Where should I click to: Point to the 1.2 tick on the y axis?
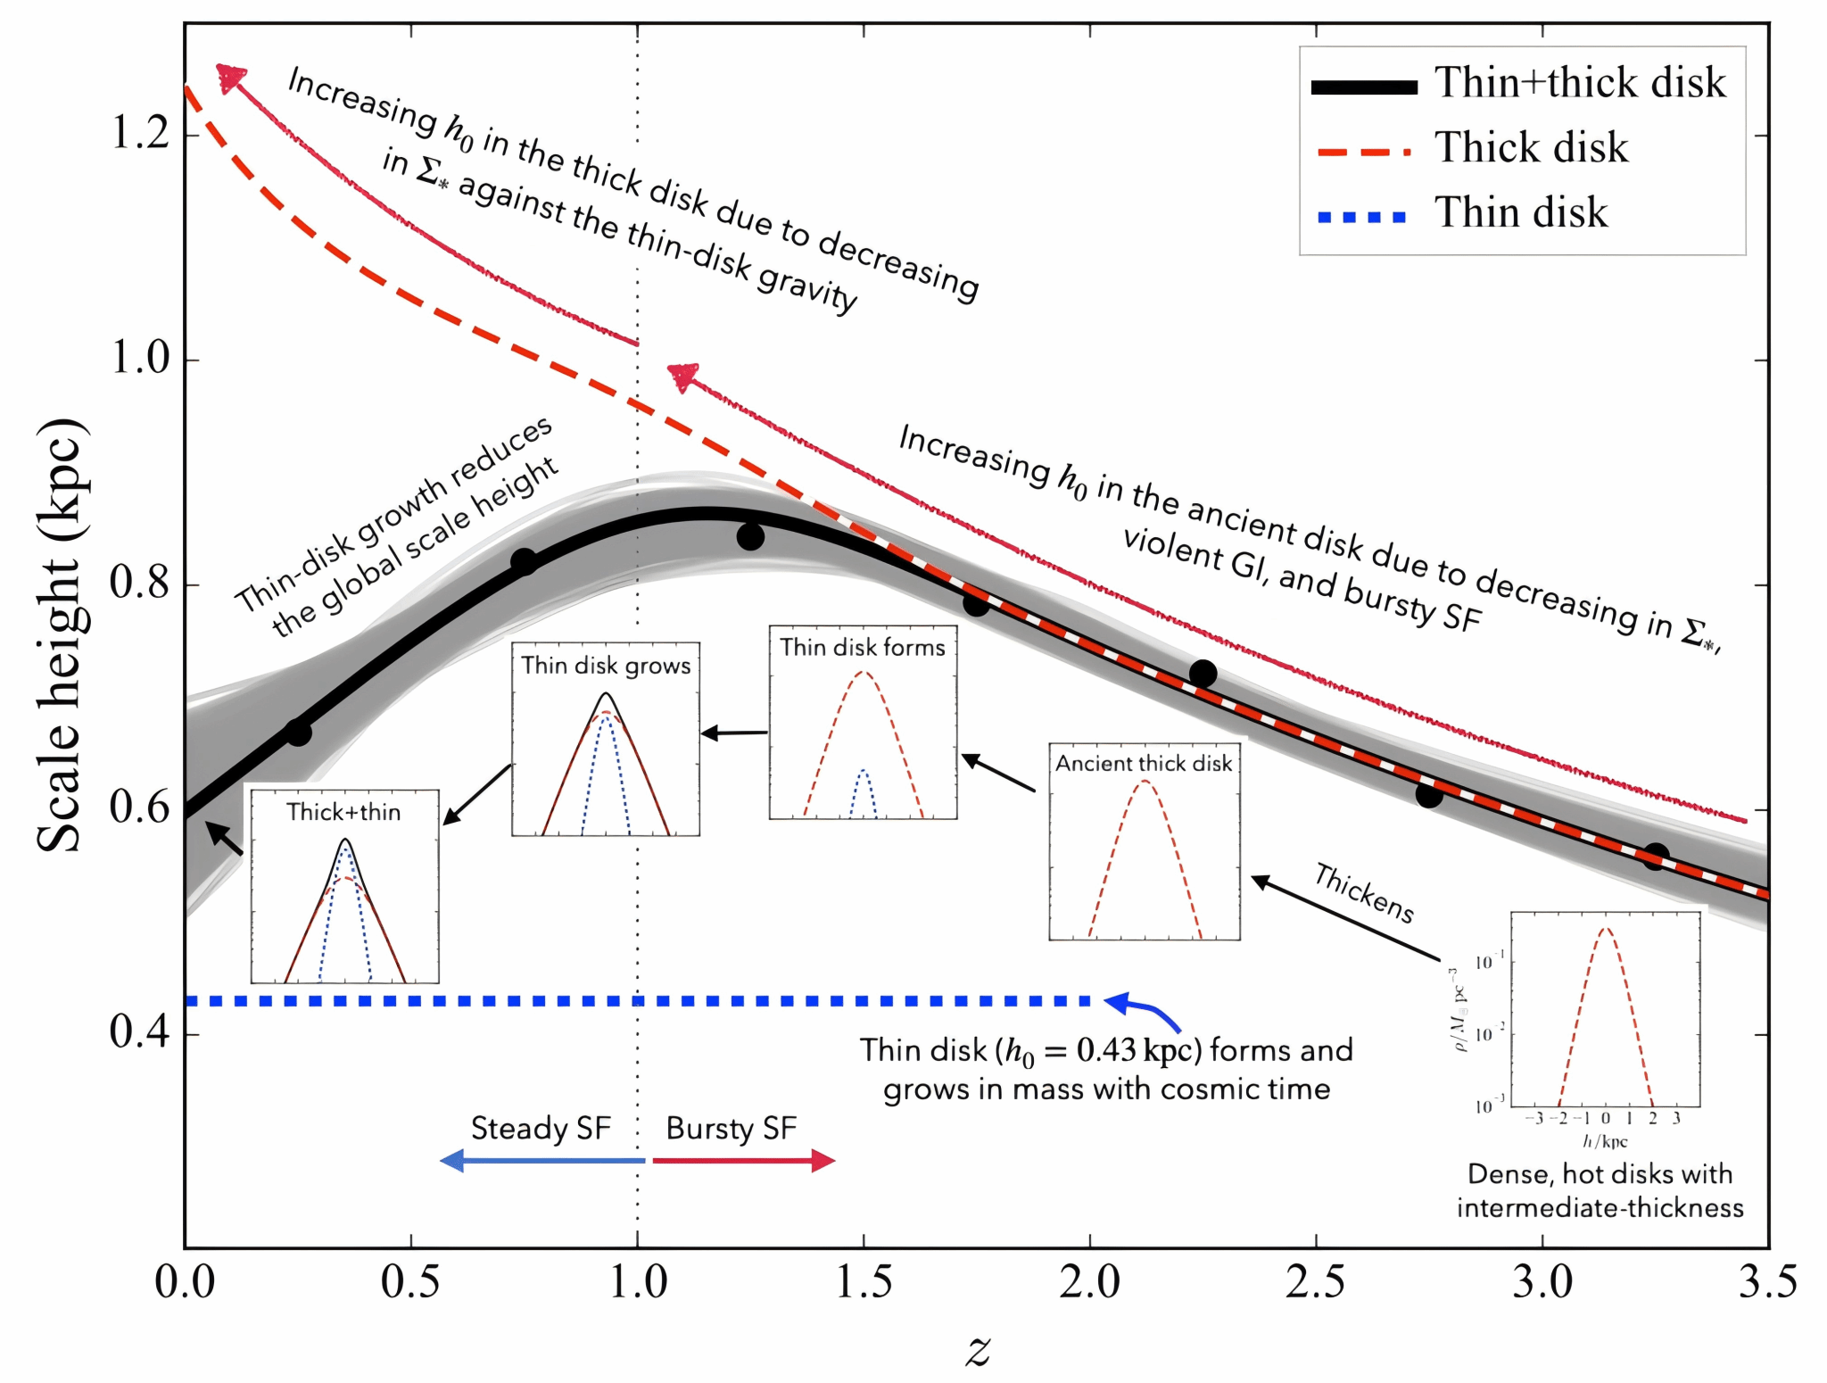pyautogui.click(x=139, y=134)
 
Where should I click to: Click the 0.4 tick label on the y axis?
pyautogui.click(x=139, y=1033)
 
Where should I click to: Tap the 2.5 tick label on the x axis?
pyautogui.click(x=1315, y=1283)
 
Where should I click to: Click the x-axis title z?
pyautogui.click(x=978, y=1349)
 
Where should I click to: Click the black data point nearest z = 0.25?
pyautogui.click(x=298, y=733)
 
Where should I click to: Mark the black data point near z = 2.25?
pyautogui.click(x=1203, y=674)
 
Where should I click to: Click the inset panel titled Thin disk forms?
pyautogui.click(x=863, y=723)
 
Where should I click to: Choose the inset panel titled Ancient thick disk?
pyautogui.click(x=1144, y=841)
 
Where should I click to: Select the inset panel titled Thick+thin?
pyautogui.click(x=344, y=886)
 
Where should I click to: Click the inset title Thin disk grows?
pyautogui.click(x=606, y=666)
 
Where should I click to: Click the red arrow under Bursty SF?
pyautogui.click(x=743, y=1161)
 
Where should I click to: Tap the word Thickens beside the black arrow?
pyautogui.click(x=1364, y=893)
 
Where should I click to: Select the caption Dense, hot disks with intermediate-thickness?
pyautogui.click(x=1600, y=1191)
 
